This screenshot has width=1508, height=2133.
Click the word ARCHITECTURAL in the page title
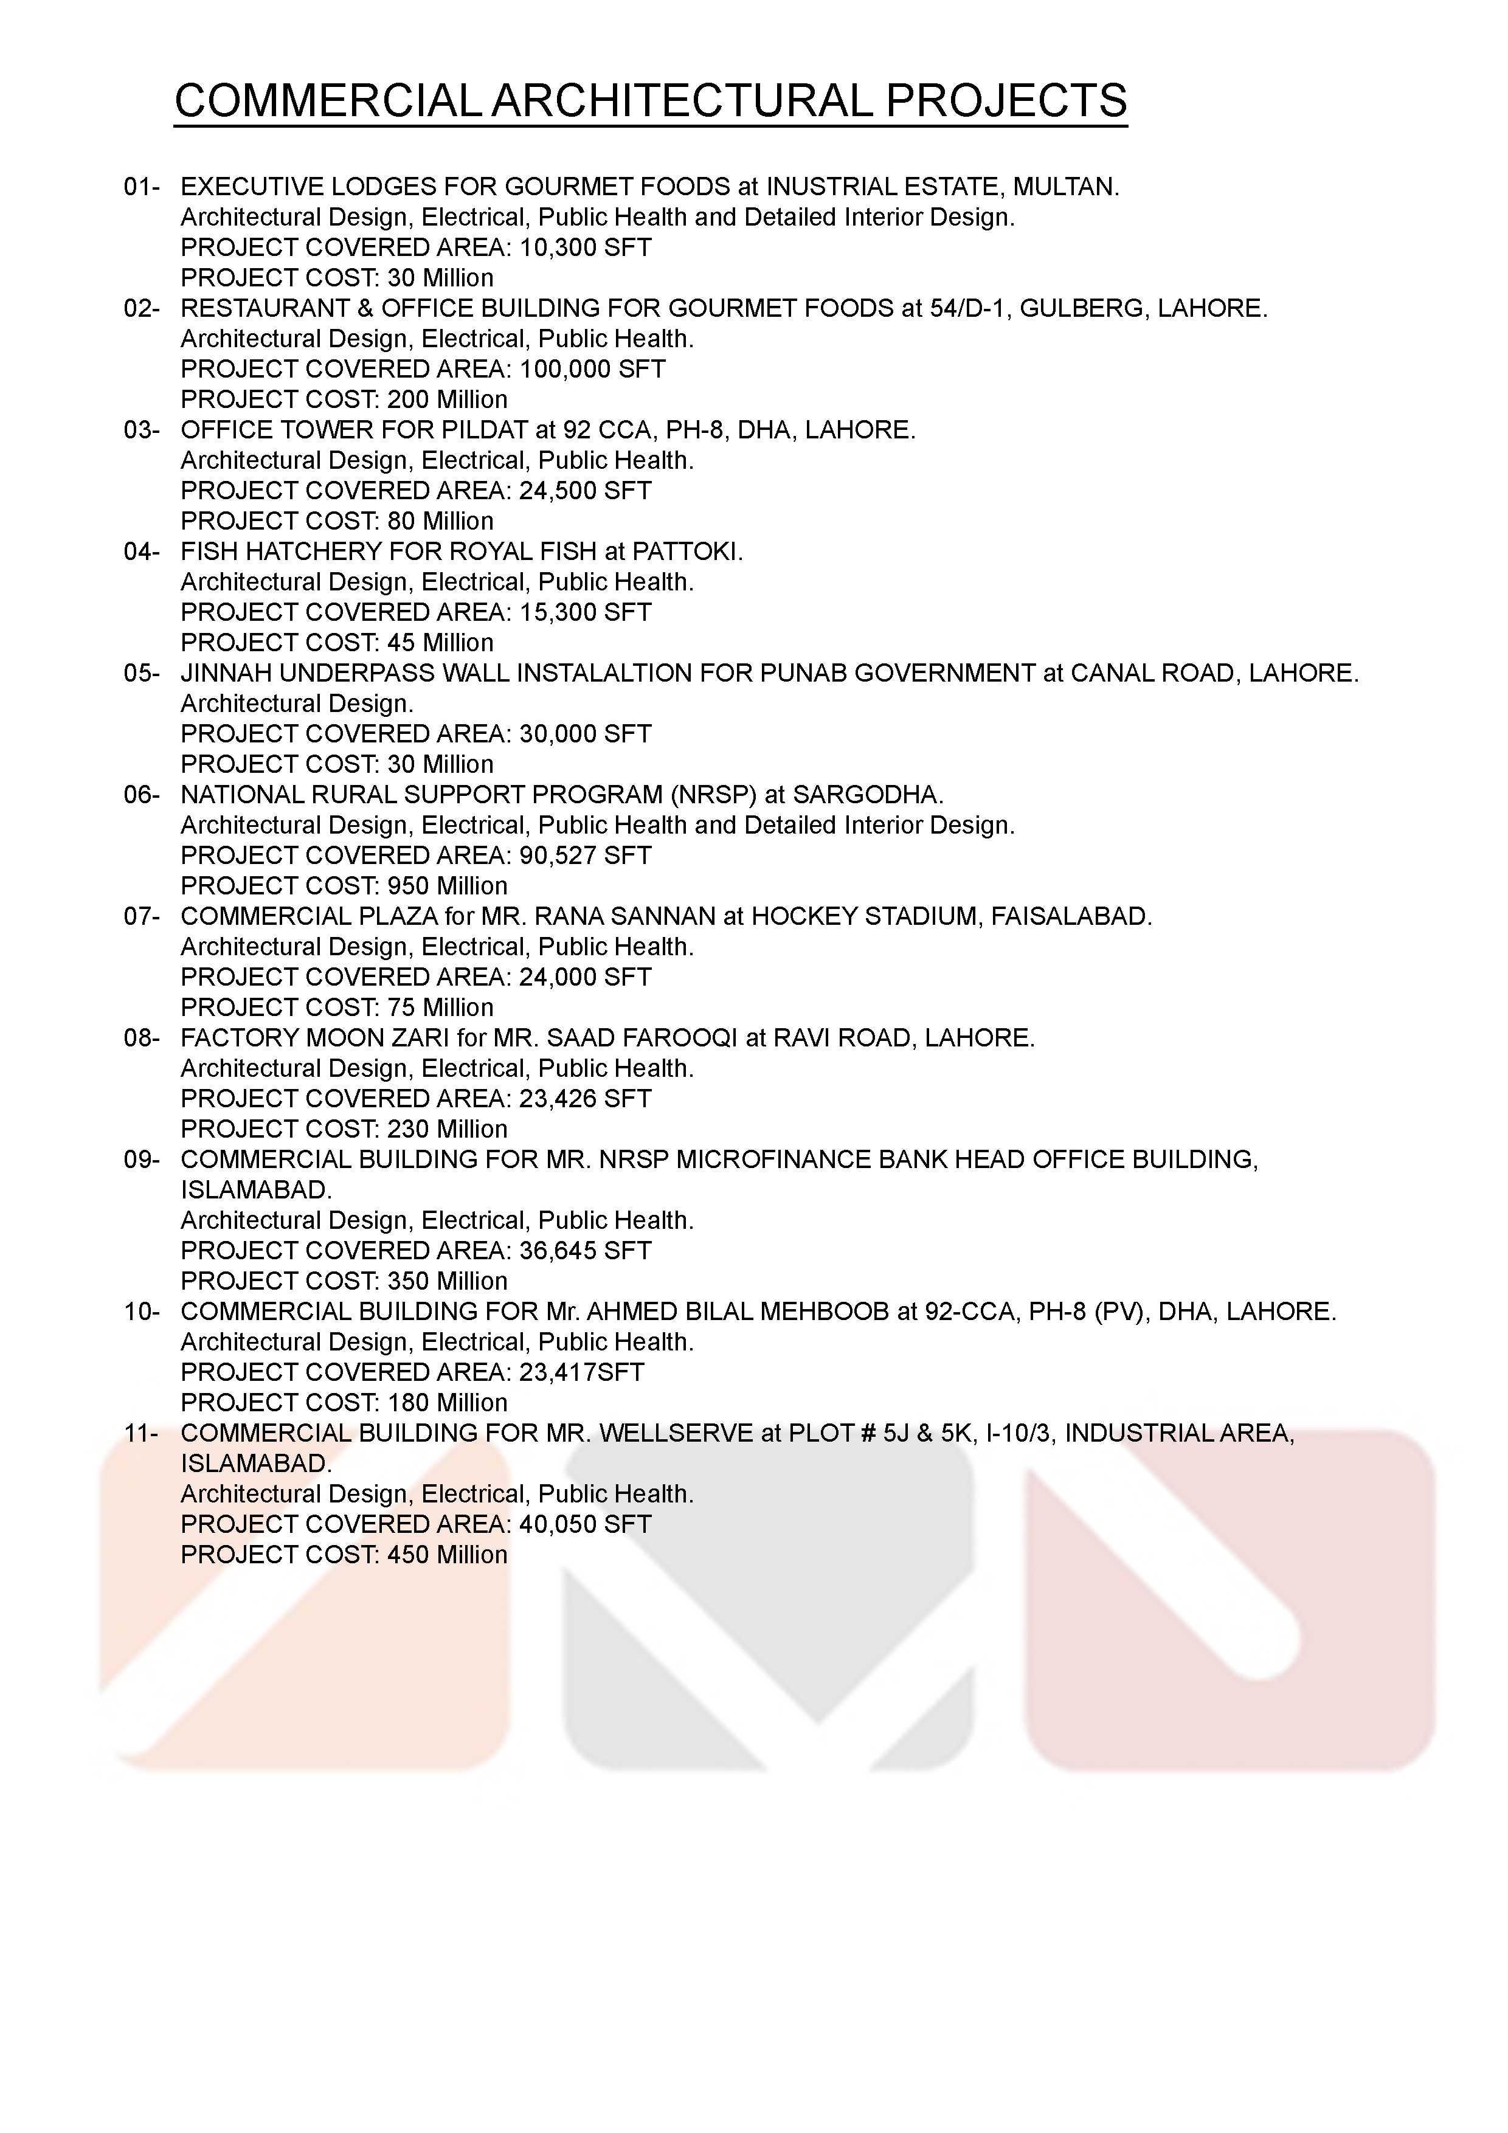coord(681,100)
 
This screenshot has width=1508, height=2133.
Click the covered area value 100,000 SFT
coord(592,369)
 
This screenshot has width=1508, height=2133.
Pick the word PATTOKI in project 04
coord(685,552)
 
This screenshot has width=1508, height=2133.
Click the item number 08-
coord(141,1038)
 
